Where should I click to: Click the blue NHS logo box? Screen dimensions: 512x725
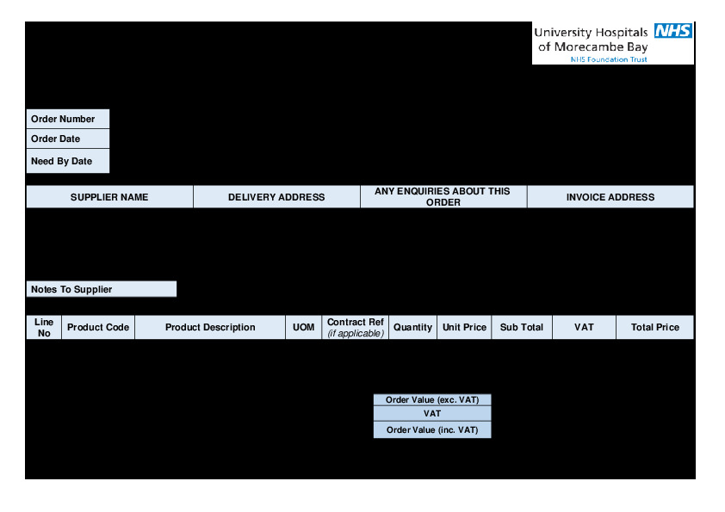673,31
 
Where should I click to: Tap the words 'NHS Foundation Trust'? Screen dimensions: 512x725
608,59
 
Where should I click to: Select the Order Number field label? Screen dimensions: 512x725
63,119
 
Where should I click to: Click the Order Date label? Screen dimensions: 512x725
55,139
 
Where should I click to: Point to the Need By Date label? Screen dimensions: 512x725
61,161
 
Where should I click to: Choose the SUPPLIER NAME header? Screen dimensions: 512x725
109,197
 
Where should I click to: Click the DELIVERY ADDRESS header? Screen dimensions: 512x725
276,197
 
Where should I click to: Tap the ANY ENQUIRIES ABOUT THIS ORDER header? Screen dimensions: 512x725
443,197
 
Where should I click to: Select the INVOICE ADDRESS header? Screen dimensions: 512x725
610,197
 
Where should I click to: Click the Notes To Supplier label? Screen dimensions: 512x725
71,289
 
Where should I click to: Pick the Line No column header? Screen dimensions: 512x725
44,327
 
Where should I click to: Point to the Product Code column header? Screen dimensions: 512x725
98,327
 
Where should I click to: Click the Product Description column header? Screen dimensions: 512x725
210,327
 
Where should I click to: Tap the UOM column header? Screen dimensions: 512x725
304,327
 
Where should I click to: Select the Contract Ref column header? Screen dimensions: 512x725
356,327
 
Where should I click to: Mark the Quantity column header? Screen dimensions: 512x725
412,327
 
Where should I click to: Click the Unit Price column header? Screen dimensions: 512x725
464,327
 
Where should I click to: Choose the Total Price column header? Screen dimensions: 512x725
654,327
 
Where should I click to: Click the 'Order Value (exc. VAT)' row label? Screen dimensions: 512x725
432,400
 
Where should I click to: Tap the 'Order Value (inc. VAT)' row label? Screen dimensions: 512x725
432,429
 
